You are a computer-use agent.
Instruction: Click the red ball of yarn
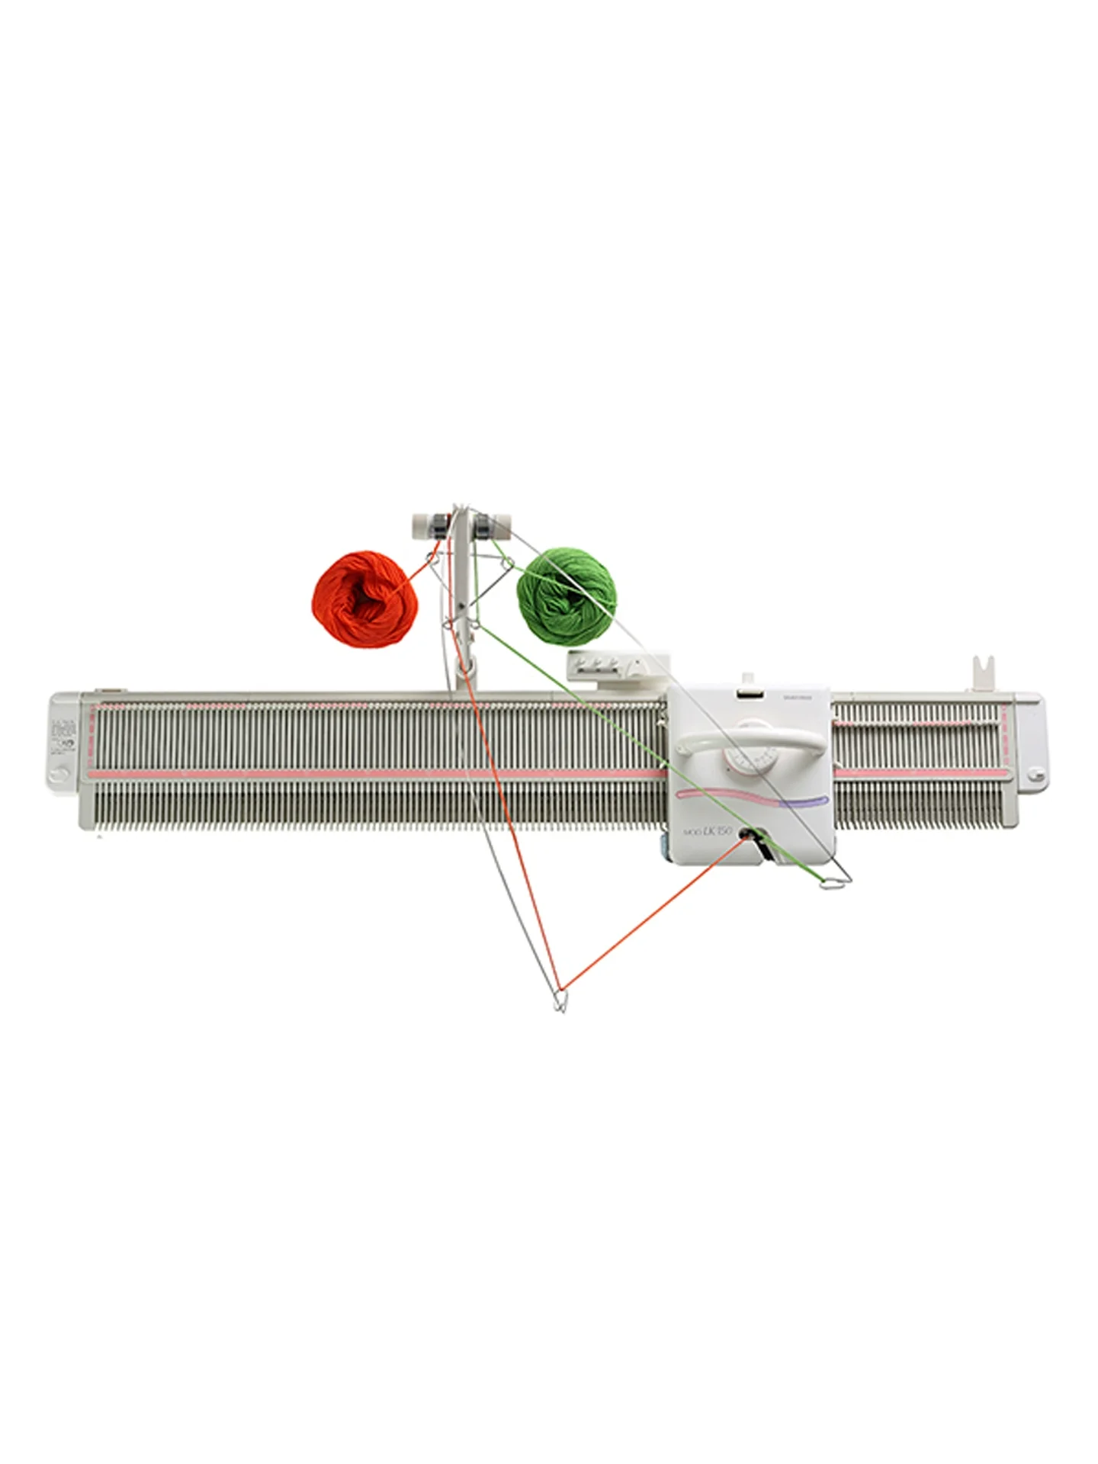364,599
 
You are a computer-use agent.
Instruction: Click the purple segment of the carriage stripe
801,801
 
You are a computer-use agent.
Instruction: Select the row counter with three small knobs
606,666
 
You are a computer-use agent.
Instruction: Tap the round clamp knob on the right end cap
1035,775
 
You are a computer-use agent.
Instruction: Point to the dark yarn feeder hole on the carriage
743,837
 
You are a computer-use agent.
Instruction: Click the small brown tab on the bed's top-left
106,692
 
